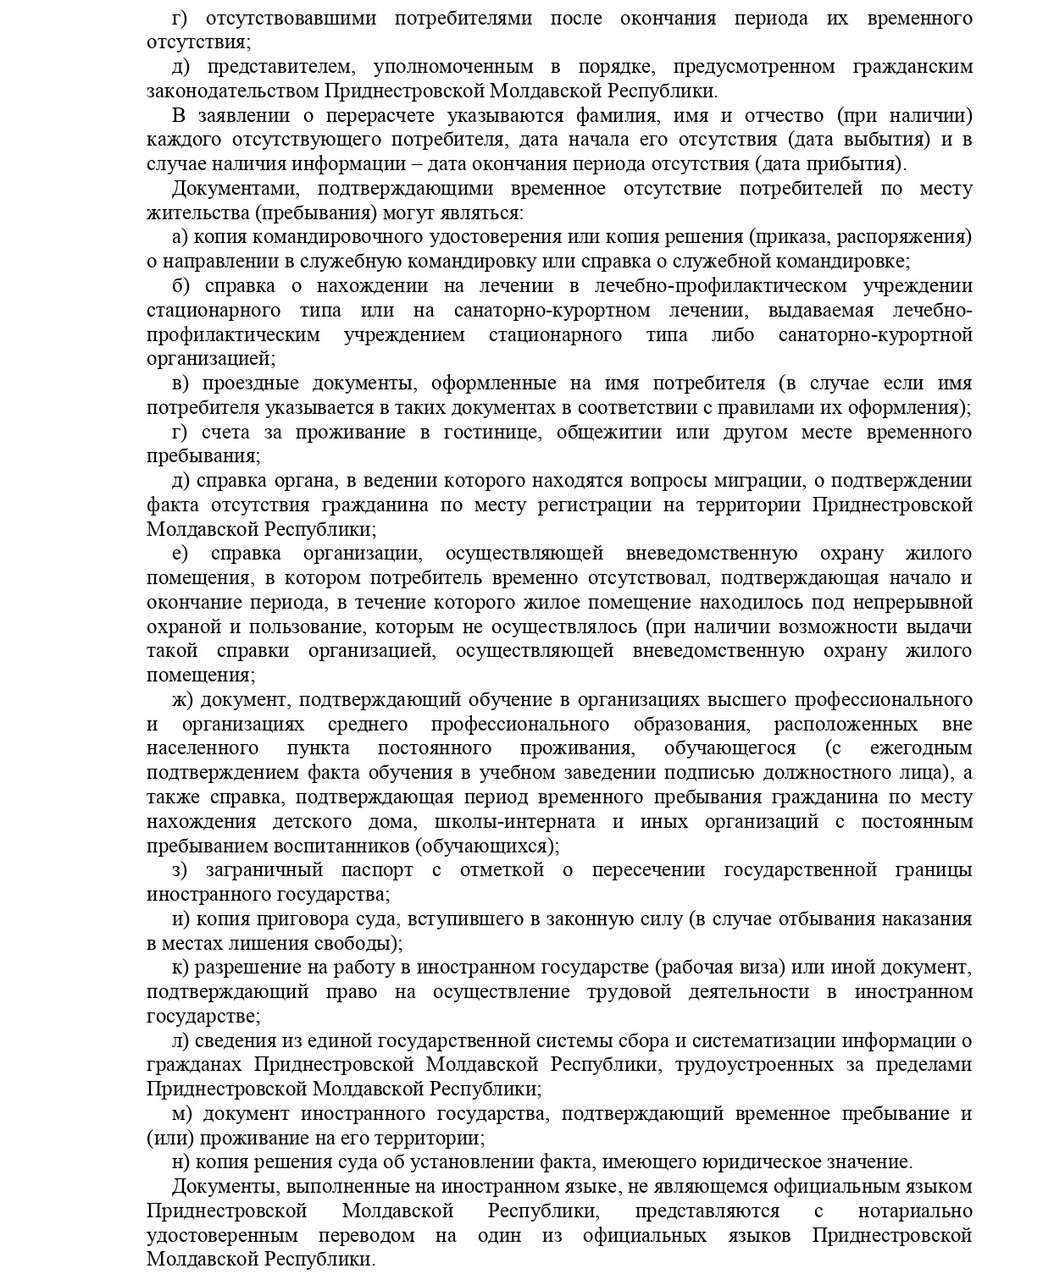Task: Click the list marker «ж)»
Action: pos(183,700)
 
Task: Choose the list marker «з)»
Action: pos(180,870)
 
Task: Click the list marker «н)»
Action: pos(180,1163)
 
